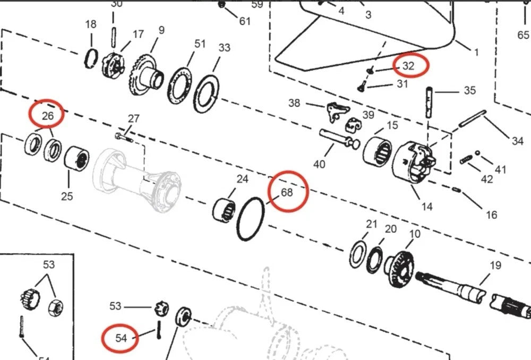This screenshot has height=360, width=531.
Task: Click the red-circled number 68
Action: click(287, 192)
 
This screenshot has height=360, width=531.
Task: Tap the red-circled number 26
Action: click(47, 114)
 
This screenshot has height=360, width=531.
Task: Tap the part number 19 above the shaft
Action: click(495, 265)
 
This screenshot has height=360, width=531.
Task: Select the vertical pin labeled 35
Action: click(429, 103)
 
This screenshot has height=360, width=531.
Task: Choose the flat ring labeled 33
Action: click(207, 93)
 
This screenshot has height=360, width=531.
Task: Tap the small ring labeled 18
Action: click(91, 57)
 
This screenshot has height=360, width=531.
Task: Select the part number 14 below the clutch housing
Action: click(427, 206)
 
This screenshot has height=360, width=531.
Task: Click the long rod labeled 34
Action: click(472, 118)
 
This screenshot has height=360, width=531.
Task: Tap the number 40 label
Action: click(319, 164)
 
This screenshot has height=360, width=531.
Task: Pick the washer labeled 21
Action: click(358, 254)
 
